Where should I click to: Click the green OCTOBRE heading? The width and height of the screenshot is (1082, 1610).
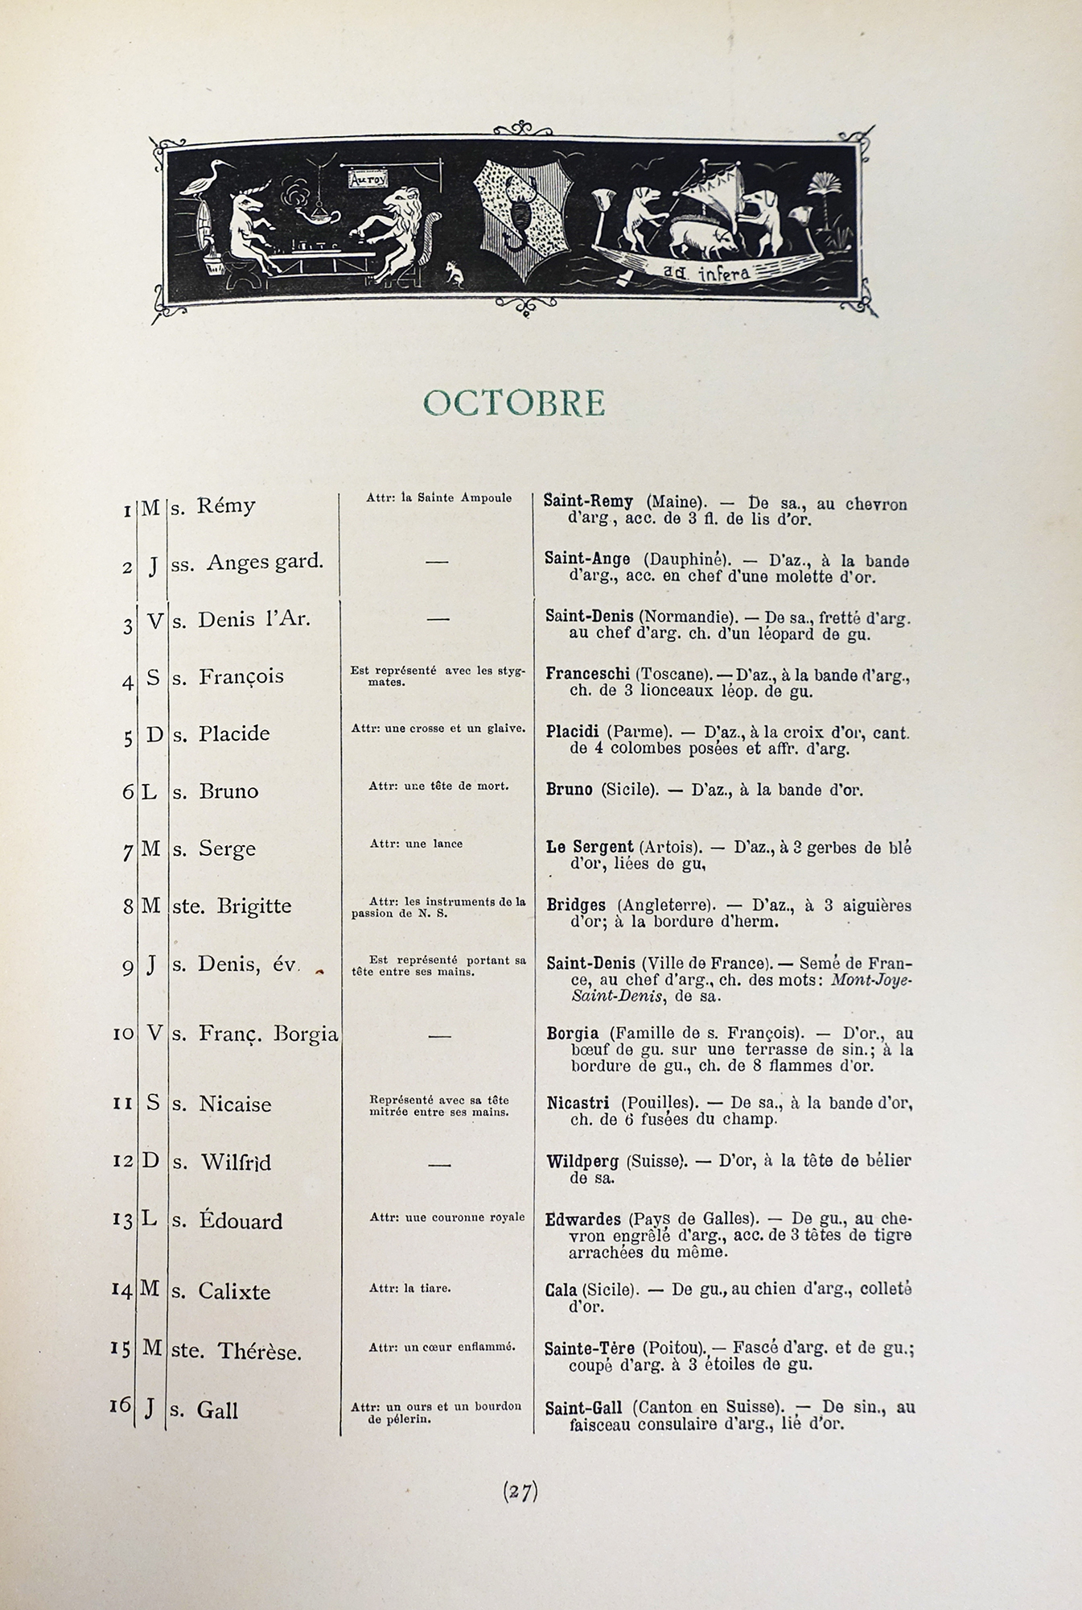513,402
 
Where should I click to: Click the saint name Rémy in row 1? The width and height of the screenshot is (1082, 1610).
227,506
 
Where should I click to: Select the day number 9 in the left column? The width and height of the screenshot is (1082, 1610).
127,968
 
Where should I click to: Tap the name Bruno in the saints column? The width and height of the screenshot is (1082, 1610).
228,791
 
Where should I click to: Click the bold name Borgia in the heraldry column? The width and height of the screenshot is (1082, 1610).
572,1033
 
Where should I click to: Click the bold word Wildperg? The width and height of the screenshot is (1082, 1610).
582,1161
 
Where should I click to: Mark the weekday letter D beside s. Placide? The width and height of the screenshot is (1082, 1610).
154,734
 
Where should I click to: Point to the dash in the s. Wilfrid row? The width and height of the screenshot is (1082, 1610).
438,1164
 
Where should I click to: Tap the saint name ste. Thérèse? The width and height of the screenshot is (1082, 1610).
237,1352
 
